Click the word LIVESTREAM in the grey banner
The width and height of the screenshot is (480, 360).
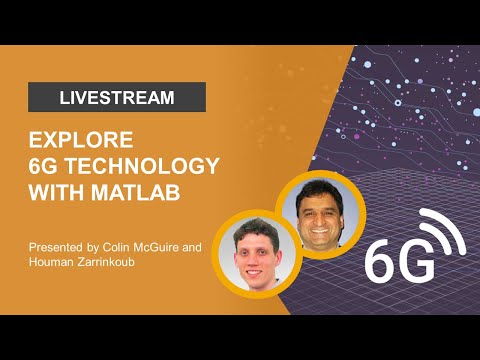(117, 97)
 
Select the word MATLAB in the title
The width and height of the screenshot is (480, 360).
(143, 191)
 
